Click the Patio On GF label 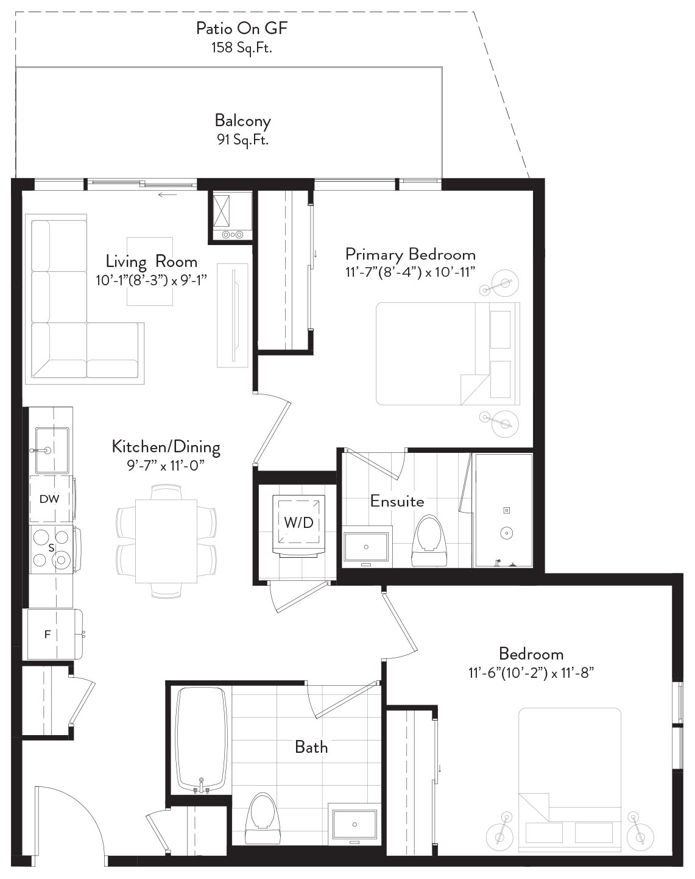tap(242, 29)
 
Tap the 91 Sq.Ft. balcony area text tap(242, 140)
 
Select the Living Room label tap(152, 262)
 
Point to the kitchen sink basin tap(52, 450)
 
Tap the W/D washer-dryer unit tap(299, 524)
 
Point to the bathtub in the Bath tap(202, 744)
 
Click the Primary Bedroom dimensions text tap(411, 272)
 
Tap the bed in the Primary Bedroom tap(448, 354)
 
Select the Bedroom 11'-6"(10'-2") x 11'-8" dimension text tap(531, 673)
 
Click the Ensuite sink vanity tap(367, 547)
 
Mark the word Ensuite tap(397, 501)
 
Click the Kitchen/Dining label tap(166, 447)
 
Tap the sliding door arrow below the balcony tap(168, 194)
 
